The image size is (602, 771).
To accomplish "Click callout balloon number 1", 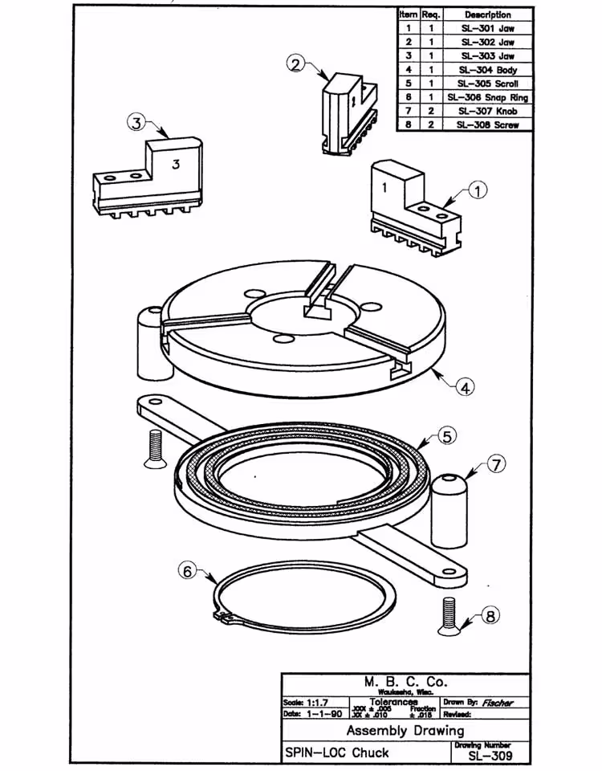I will click(x=477, y=191).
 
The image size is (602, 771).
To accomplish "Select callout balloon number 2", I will click(x=296, y=64).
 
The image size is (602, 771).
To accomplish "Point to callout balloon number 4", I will click(x=464, y=386).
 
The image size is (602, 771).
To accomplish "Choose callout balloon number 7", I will click(x=497, y=464).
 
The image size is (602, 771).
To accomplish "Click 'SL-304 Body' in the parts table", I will click(x=487, y=70).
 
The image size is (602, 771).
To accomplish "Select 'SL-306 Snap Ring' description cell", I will click(x=487, y=97).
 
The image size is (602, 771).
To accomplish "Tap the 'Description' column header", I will click(x=487, y=14).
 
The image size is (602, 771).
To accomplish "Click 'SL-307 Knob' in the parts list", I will click(x=487, y=111).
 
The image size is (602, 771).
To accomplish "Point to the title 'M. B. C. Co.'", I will click(x=405, y=683).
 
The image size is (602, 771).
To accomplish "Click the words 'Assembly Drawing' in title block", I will click(x=405, y=731).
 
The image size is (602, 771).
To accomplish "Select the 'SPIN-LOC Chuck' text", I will click(x=337, y=753).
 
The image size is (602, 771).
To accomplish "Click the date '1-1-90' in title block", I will click(x=324, y=713).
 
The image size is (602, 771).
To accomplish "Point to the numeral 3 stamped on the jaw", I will click(x=175, y=164).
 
